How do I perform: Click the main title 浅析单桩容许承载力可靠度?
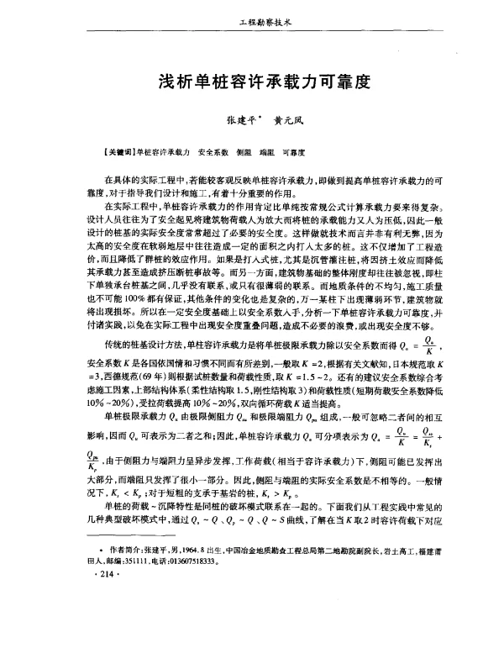(253, 83)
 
